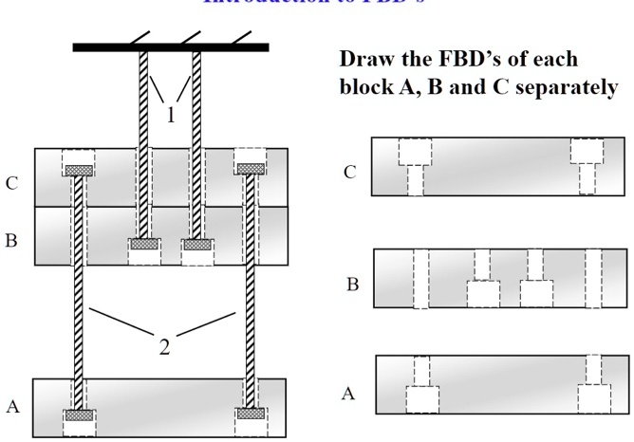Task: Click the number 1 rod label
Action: (171, 116)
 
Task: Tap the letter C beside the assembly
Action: (11, 184)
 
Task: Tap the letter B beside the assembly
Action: (11, 241)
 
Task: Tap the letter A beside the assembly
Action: (12, 407)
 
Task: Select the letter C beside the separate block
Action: (350, 173)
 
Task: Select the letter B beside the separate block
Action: (352, 285)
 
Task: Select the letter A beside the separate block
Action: (348, 394)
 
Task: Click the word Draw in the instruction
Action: (365, 59)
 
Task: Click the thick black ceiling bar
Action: (171, 46)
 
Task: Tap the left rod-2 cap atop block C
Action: (78, 170)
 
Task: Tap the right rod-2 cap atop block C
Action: (251, 170)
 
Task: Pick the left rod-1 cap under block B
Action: (144, 244)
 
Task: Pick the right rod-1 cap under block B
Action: (197, 244)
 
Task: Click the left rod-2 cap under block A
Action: (78, 414)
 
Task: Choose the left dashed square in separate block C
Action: (415, 152)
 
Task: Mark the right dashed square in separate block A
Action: (595, 398)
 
